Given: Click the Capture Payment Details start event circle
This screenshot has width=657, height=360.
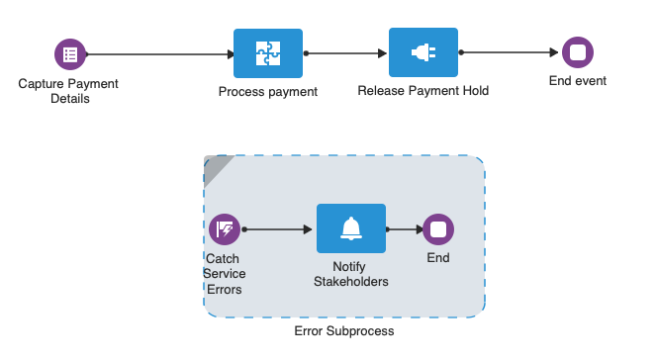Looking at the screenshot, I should pyautogui.click(x=69, y=53).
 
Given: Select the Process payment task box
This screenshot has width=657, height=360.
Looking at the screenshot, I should pyautogui.click(x=267, y=53).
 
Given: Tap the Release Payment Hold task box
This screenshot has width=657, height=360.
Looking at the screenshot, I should pyautogui.click(x=422, y=53).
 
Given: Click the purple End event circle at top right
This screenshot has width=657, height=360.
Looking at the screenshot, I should pyautogui.click(x=577, y=53).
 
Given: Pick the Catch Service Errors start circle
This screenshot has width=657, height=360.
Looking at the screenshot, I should pyautogui.click(x=225, y=229).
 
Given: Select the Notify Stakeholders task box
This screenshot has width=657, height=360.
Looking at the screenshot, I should pyautogui.click(x=350, y=229).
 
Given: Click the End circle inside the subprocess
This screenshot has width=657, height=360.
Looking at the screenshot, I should pyautogui.click(x=438, y=229).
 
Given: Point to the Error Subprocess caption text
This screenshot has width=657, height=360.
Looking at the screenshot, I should pyautogui.click(x=343, y=330).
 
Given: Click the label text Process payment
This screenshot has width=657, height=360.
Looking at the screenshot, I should pyautogui.click(x=267, y=92).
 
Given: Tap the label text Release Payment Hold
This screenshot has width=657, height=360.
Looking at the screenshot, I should pyautogui.click(x=422, y=91).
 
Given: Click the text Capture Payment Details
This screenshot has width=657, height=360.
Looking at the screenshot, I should pyautogui.click(x=68, y=91).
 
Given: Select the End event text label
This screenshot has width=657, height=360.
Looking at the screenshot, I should pyautogui.click(x=577, y=81).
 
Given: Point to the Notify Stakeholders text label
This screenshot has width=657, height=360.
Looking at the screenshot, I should pyautogui.click(x=350, y=274).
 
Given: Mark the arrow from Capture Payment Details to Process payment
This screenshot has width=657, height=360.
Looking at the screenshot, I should pyautogui.click(x=158, y=53).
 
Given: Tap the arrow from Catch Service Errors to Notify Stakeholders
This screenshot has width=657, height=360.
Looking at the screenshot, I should pyautogui.click(x=277, y=229).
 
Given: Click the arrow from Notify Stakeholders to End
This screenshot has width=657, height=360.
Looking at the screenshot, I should pyautogui.click(x=403, y=229).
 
